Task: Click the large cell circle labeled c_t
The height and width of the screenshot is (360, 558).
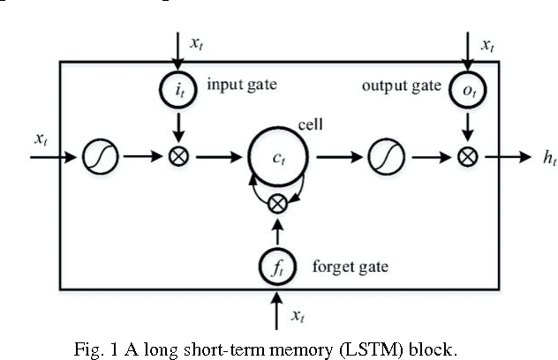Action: pyautogui.click(x=278, y=159)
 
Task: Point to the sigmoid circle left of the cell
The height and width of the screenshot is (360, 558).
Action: pyautogui.click(x=96, y=159)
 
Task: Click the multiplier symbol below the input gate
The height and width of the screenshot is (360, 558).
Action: pyautogui.click(x=178, y=159)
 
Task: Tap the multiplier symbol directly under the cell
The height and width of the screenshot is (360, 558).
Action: pyautogui.click(x=278, y=202)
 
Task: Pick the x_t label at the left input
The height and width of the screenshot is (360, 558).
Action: pyautogui.click(x=41, y=139)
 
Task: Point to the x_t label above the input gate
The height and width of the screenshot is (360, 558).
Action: pyautogui.click(x=197, y=42)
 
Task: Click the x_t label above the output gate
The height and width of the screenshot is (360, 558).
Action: pyautogui.click(x=486, y=42)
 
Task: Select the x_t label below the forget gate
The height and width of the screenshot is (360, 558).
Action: pyautogui.click(x=298, y=314)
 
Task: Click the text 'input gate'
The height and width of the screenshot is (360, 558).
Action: pyautogui.click(x=241, y=86)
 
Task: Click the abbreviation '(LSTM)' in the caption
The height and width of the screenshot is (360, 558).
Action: pyautogui.click(x=333, y=347)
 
